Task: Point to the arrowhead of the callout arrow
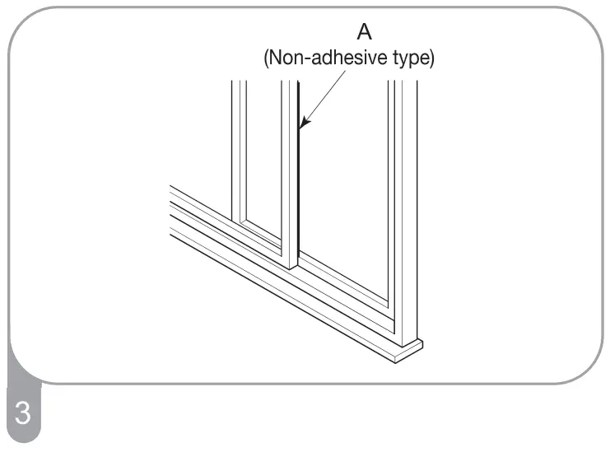pyautogui.click(x=302, y=128)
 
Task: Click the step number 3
pyautogui.click(x=22, y=412)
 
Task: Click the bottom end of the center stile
pyautogui.click(x=289, y=263)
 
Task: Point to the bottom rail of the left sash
pyautogui.click(x=262, y=235)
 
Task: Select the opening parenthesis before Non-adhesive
pyautogui.click(x=265, y=61)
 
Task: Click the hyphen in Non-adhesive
pyautogui.click(x=303, y=61)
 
